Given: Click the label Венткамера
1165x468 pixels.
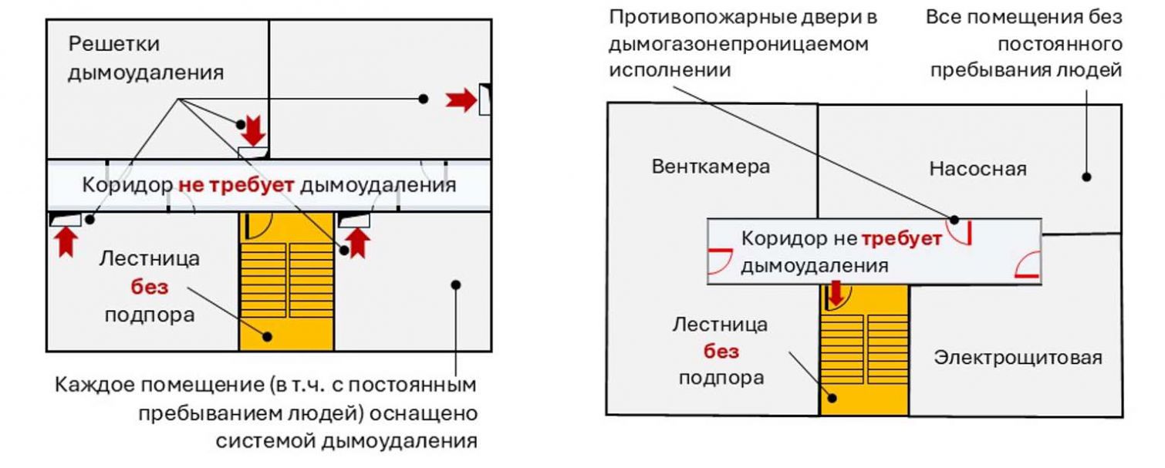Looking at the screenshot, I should pyautogui.click(x=711, y=167).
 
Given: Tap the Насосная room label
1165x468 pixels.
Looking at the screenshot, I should pyautogui.click(x=978, y=169).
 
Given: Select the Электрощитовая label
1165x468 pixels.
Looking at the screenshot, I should pyautogui.click(x=1018, y=358).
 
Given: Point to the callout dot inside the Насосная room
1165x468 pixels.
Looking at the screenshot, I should pyautogui.click(x=1086, y=177).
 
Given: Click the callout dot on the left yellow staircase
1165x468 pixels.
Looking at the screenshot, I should pyautogui.click(x=268, y=335).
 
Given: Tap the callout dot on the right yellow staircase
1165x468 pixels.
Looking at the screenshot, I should pyautogui.click(x=833, y=398).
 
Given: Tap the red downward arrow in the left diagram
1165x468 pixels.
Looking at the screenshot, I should pyautogui.click(x=252, y=126).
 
